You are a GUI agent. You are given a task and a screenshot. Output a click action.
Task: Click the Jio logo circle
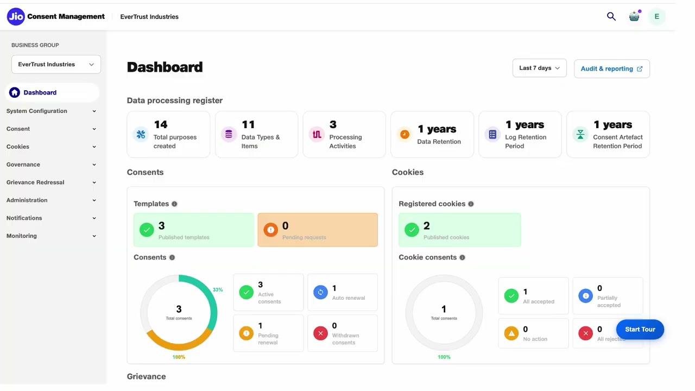tap(16, 17)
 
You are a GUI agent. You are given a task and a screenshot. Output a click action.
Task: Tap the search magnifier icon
tap(611, 17)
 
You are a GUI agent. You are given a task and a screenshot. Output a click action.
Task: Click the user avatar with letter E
tap(656, 17)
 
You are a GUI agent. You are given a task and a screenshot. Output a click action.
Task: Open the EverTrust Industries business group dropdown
tap(56, 65)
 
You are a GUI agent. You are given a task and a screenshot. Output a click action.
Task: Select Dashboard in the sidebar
tap(40, 92)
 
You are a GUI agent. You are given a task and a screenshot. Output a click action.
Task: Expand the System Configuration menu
tap(37, 111)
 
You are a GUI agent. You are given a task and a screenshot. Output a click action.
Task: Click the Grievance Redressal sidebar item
tap(35, 182)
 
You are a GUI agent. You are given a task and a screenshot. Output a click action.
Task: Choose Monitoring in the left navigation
tap(22, 236)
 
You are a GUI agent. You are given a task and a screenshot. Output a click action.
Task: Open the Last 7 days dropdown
tap(539, 68)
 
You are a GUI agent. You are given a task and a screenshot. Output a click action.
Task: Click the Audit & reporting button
tap(611, 69)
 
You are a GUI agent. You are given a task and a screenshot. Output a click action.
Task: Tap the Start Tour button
tap(640, 330)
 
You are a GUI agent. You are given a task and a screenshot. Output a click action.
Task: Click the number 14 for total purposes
tap(161, 125)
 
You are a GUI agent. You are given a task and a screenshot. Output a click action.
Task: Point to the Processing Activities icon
tap(317, 134)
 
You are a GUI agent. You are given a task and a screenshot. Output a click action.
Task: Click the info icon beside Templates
tap(174, 204)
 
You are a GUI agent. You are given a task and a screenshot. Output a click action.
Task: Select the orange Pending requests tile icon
tap(270, 230)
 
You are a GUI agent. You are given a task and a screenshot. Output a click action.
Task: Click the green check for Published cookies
tap(412, 230)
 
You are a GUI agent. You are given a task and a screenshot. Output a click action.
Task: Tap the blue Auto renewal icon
tap(320, 292)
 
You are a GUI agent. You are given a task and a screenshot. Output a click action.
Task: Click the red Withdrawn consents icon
tap(320, 333)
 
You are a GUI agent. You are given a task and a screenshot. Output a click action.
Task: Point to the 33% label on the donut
tap(218, 290)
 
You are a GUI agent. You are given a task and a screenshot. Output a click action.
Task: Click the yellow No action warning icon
tap(511, 333)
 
